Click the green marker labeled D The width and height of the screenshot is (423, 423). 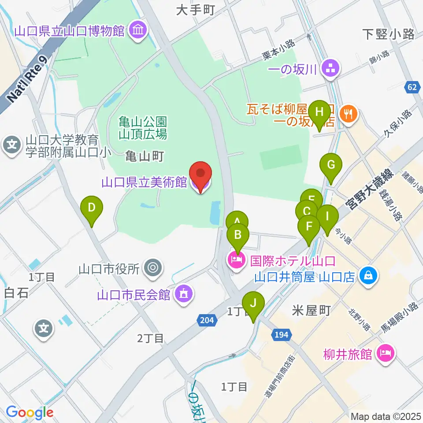92,208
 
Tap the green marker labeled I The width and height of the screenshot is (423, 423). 327,217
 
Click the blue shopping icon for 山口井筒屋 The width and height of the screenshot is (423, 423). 367,276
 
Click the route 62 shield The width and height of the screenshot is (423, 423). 412,88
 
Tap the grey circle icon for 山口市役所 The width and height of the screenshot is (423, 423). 153,267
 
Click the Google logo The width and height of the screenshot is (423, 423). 30,413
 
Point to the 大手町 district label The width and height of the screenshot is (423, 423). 195,11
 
